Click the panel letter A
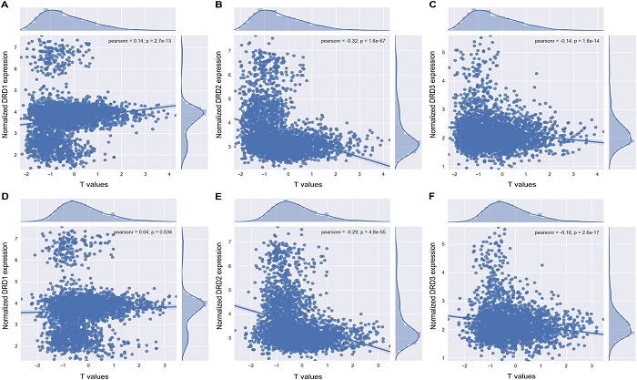click(5, 7)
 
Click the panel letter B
click(218, 7)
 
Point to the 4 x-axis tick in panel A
click(169, 173)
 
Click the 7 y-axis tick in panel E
click(231, 244)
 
